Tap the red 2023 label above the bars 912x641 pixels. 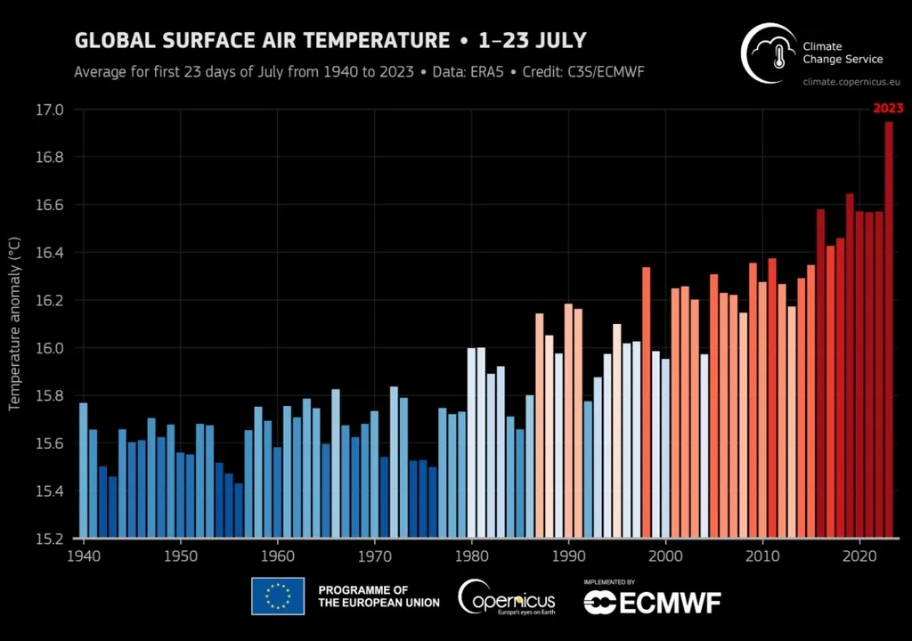point(888,109)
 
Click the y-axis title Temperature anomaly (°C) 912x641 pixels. point(14,324)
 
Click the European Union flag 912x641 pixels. point(278,596)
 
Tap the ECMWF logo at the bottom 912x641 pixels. point(652,602)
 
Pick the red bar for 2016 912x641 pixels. point(820,374)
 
